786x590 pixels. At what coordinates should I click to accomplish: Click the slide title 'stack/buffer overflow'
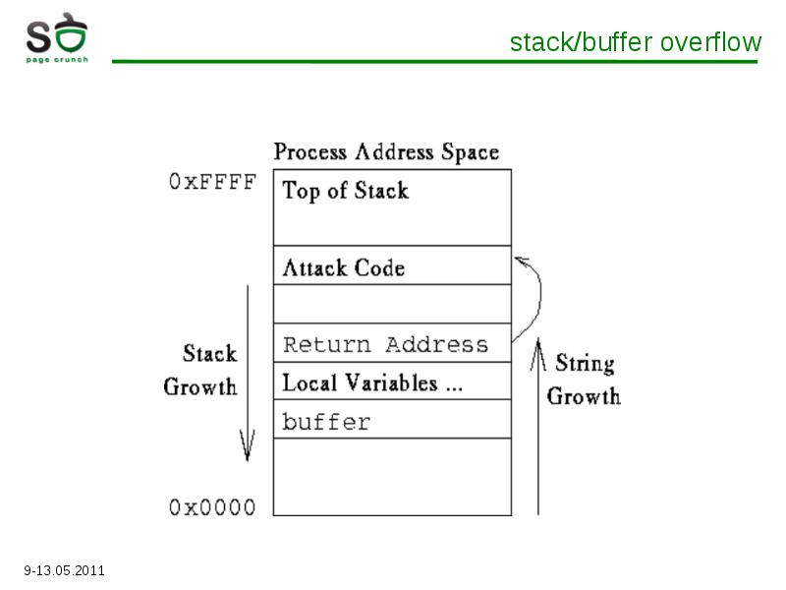[636, 42]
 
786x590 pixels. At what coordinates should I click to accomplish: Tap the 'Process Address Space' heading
[386, 152]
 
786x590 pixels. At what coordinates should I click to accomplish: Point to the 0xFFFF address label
[212, 182]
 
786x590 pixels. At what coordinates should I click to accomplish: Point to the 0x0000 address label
[212, 507]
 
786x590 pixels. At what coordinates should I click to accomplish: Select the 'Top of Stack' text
[346, 191]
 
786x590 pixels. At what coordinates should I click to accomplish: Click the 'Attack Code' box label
[343, 267]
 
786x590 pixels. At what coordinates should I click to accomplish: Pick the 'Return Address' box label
[385, 345]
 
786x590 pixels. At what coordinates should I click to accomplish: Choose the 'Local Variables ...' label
[372, 383]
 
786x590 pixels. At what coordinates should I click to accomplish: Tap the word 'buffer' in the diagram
[326, 422]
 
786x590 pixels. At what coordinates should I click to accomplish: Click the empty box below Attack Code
[392, 304]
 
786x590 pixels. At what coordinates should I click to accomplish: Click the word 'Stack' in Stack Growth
[209, 353]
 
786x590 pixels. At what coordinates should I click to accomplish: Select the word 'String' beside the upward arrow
[585, 363]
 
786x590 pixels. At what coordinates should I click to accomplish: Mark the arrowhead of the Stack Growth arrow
[248, 445]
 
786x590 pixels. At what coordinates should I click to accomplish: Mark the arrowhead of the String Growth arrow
[538, 354]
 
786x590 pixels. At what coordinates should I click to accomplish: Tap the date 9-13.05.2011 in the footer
[64, 570]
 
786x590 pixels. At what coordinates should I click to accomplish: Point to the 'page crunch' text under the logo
[57, 60]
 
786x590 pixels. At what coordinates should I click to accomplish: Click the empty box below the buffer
[392, 477]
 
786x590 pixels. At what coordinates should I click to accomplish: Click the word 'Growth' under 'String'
[584, 396]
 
